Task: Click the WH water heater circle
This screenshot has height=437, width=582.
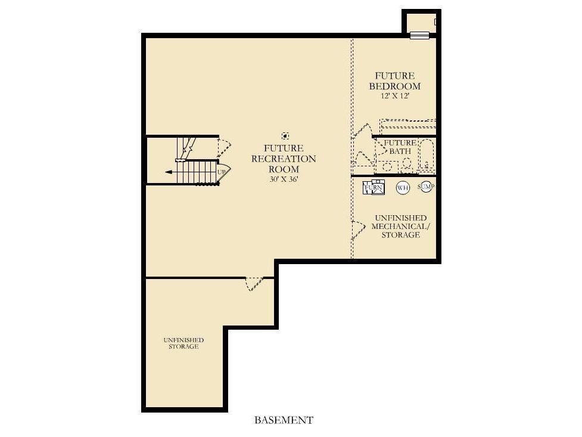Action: coord(403,188)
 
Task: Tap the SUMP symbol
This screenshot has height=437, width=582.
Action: coord(426,187)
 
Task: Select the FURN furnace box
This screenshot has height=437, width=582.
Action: coord(374,187)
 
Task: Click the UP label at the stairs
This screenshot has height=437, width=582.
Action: coord(221,172)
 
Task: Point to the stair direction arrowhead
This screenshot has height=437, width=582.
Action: coord(168,172)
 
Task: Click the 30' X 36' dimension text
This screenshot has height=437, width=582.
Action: coord(284,179)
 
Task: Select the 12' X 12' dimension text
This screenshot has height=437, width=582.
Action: coord(395,96)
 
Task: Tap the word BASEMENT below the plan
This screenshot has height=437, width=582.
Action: coord(284,420)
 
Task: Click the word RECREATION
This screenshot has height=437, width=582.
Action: coord(284,159)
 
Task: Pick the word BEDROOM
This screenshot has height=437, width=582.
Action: coord(395,86)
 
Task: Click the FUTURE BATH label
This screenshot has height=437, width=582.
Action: coord(400,147)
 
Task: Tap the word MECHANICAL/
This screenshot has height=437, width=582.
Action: coord(401,227)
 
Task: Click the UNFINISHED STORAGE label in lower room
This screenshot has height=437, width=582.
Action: coord(183,343)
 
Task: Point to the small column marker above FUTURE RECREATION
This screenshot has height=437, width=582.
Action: coord(285,136)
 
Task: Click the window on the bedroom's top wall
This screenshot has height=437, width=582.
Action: coord(420,35)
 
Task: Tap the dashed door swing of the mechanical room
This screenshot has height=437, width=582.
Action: coord(358,230)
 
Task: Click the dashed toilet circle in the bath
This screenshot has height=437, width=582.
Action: coord(407,163)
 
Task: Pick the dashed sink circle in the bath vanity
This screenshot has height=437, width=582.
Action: coord(387,166)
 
